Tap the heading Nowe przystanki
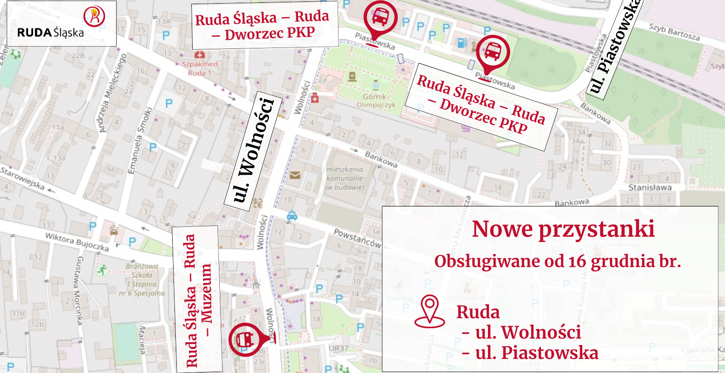point(563,229)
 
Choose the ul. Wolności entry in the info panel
point(527,333)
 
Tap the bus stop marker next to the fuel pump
point(493,53)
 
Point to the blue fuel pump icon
point(462,43)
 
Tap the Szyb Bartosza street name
point(674,32)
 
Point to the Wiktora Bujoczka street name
point(77,242)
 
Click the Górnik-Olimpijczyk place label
point(376,100)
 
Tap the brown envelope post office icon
point(295,175)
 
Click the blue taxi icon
point(292,215)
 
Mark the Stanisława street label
point(649,187)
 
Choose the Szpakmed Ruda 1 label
point(199,68)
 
